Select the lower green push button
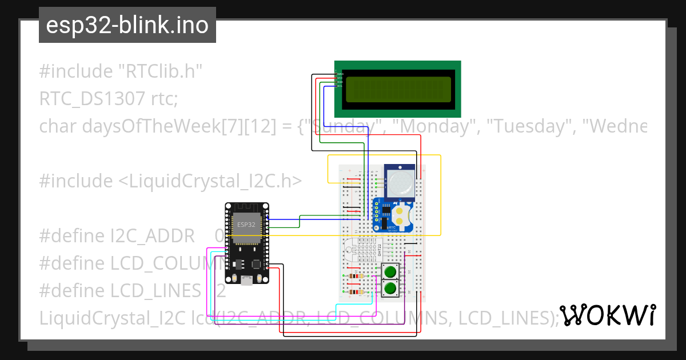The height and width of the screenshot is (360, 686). pos(390,288)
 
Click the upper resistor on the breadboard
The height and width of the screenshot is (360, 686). pos(356,277)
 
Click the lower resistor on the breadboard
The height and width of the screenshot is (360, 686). pos(356,293)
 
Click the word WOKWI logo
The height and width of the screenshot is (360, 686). pos(607,315)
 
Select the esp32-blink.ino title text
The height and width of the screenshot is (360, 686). pos(127,26)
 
